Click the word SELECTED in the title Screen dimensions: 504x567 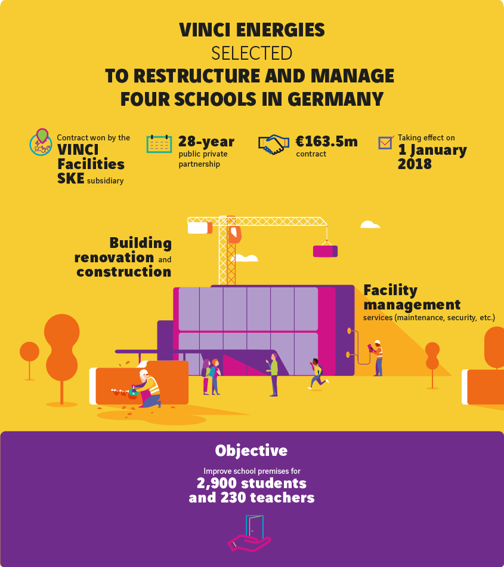click(x=252, y=53)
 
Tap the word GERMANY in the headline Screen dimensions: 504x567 click(x=335, y=99)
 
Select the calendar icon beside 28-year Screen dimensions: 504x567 click(x=159, y=144)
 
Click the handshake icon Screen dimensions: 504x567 click(x=274, y=145)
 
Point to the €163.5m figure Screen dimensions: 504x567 click(x=326, y=142)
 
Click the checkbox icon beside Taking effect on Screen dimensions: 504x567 click(x=386, y=142)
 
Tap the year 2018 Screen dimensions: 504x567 click(x=415, y=164)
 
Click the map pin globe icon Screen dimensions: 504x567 click(x=41, y=142)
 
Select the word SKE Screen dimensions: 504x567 click(x=71, y=178)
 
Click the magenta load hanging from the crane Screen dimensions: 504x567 click(x=325, y=251)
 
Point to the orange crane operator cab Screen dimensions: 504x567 click(x=234, y=234)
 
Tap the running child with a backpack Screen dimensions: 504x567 click(x=318, y=373)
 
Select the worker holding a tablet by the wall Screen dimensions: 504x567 click(x=376, y=358)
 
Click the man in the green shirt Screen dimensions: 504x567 click(x=273, y=375)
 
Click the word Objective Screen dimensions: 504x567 click(x=251, y=450)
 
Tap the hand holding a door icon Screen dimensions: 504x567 click(x=249, y=534)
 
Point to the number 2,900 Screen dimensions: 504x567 click(x=217, y=483)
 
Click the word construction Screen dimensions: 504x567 click(x=124, y=272)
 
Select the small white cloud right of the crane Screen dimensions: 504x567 click(x=370, y=225)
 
